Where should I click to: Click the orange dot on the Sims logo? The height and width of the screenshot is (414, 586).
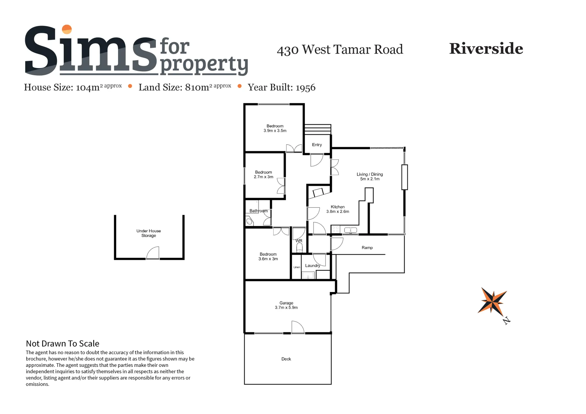click(67, 29)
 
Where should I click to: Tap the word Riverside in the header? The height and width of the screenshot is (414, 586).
click(486, 49)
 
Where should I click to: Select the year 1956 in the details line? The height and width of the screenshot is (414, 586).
click(306, 88)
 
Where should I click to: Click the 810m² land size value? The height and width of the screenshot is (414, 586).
click(197, 87)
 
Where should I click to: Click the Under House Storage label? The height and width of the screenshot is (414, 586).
click(149, 233)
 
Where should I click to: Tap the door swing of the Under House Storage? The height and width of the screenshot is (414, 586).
click(153, 252)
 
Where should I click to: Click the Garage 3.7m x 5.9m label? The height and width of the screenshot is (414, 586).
click(286, 305)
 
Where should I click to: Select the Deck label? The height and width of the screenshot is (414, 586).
click(286, 359)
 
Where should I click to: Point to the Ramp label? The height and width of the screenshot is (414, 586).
click(367, 248)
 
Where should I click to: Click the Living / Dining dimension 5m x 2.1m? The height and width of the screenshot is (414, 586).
click(370, 179)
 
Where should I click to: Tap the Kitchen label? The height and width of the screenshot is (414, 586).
click(338, 207)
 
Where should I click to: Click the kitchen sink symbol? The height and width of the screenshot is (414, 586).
click(351, 230)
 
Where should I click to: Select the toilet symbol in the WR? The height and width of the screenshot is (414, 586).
click(299, 247)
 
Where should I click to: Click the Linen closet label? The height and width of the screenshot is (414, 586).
click(297, 267)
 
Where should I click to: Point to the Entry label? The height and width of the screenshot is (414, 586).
click(317, 145)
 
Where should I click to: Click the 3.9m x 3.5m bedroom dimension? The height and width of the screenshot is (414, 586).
click(275, 131)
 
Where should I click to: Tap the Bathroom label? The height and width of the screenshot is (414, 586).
click(258, 211)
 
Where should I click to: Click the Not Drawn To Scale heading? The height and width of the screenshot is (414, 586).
click(63, 343)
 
